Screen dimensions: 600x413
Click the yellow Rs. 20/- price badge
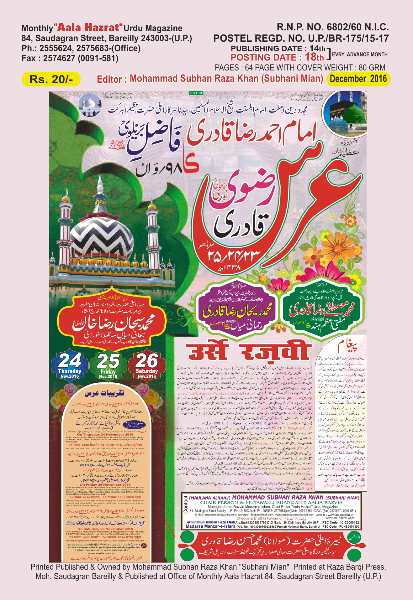[x=51, y=79]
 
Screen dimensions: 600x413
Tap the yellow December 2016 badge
[x=358, y=79]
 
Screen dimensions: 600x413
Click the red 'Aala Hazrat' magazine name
[x=89, y=28]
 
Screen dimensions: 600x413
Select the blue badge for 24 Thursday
[x=70, y=365]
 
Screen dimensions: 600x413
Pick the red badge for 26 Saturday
[x=147, y=365]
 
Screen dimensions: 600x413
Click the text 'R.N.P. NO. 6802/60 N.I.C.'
[x=333, y=27]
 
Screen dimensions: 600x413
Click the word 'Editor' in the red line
[x=109, y=79]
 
